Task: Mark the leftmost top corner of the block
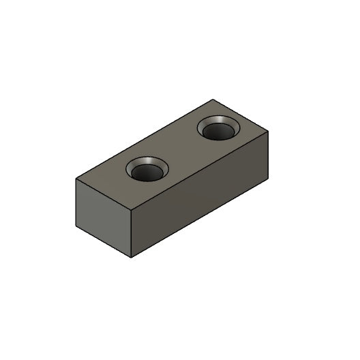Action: click(x=74, y=179)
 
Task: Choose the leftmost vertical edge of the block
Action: click(x=74, y=202)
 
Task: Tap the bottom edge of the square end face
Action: click(x=103, y=243)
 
